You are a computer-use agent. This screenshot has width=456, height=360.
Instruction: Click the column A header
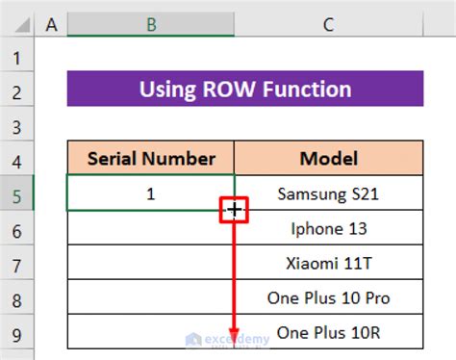[x=51, y=24]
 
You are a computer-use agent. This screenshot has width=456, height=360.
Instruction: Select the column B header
[x=151, y=24]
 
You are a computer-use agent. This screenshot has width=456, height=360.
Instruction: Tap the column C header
[x=328, y=24]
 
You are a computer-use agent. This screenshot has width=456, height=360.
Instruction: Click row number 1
[x=17, y=57]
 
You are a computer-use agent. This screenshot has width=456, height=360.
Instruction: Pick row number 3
[x=17, y=125]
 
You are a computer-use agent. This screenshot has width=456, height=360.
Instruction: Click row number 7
[x=17, y=263]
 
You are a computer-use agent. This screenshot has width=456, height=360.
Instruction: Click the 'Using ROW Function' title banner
[x=245, y=90]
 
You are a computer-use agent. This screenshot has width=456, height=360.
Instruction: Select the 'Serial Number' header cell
[x=151, y=159]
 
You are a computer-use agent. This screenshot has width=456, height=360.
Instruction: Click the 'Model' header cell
[x=328, y=159]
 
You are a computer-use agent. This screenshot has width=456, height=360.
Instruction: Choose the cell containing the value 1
[x=151, y=193]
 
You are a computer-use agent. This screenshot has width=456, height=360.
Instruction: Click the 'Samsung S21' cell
[x=328, y=193]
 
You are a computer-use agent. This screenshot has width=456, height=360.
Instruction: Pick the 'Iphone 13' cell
[x=328, y=228]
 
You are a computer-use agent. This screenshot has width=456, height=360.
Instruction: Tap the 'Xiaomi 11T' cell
[x=328, y=263]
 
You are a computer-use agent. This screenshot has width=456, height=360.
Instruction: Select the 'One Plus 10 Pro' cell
[x=328, y=297]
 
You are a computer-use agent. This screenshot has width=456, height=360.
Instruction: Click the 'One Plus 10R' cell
[x=328, y=332]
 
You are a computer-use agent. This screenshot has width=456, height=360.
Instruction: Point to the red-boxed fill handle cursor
[x=235, y=210]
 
